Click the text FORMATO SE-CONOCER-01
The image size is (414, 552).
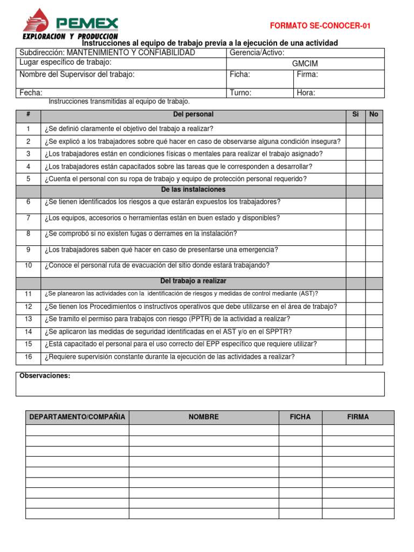tap(320, 26)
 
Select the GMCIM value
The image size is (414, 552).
tap(305, 64)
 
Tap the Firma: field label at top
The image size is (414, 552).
tap(308, 75)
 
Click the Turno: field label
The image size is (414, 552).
tap(240, 93)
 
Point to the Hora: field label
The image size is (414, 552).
tap(306, 93)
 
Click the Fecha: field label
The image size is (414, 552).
tap(31, 93)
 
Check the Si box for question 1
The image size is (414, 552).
tap(355, 129)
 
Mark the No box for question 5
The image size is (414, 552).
tap(374, 179)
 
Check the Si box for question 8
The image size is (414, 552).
tap(355, 234)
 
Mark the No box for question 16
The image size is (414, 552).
tap(374, 357)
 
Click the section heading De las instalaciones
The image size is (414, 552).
tap(193, 190)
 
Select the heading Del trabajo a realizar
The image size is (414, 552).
tap(193, 281)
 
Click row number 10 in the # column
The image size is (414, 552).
tap(29, 265)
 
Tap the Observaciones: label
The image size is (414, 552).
tap(45, 376)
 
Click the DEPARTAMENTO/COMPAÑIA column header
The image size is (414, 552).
tap(77, 417)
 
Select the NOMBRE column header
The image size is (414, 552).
tap(204, 417)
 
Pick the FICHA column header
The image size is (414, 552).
tap(300, 417)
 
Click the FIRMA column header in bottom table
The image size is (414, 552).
tap(358, 417)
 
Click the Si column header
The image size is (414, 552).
tap(355, 114)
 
